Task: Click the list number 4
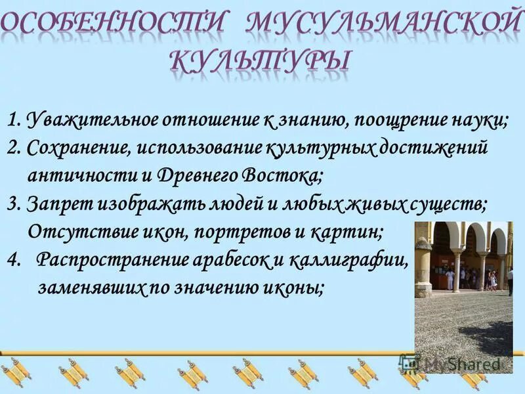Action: point(13,260)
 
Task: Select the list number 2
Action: point(13,148)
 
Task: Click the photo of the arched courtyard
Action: point(463,289)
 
